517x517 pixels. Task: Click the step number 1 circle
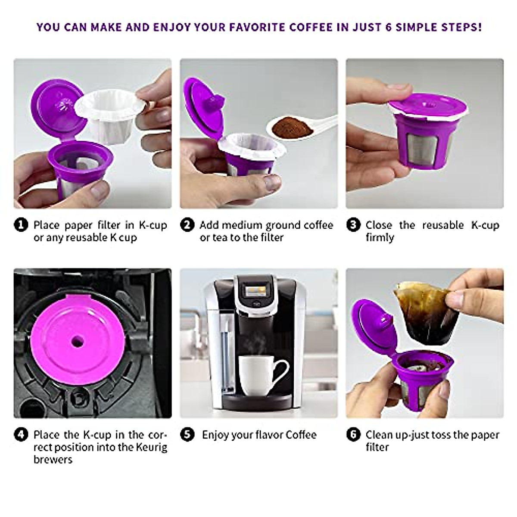pyautogui.click(x=21, y=225)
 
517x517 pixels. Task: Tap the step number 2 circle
pyautogui.click(x=187, y=225)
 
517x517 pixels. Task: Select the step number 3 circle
pyautogui.click(x=353, y=225)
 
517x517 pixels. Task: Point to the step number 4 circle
pyautogui.click(x=21, y=435)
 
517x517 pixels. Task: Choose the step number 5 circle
pyautogui.click(x=187, y=435)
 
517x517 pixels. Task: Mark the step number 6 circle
pyautogui.click(x=353, y=435)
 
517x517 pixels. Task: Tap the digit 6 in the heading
pyautogui.click(x=389, y=27)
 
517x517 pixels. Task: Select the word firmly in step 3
pyautogui.click(x=380, y=238)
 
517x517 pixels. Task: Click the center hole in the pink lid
pyautogui.click(x=78, y=341)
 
